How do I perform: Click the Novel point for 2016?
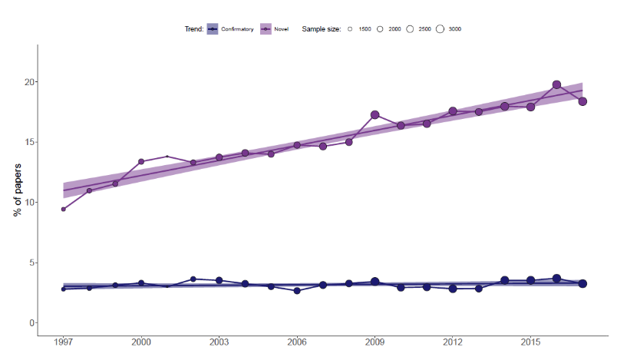(x=557, y=85)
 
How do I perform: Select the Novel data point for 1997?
(x=63, y=209)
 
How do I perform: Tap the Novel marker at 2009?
(x=375, y=115)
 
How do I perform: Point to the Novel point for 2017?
(x=582, y=101)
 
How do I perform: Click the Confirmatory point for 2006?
(x=297, y=291)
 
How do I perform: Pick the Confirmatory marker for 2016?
(x=557, y=279)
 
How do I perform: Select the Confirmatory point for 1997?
(x=63, y=289)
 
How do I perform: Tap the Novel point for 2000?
(x=141, y=162)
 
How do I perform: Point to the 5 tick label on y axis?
(x=31, y=263)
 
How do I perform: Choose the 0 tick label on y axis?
(x=31, y=323)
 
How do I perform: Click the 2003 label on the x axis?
(x=219, y=342)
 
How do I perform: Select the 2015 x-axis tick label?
(x=530, y=342)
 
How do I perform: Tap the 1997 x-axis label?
(x=63, y=342)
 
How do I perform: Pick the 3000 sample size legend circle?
(x=440, y=29)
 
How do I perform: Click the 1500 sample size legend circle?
(x=350, y=29)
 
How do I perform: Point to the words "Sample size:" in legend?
(x=322, y=29)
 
